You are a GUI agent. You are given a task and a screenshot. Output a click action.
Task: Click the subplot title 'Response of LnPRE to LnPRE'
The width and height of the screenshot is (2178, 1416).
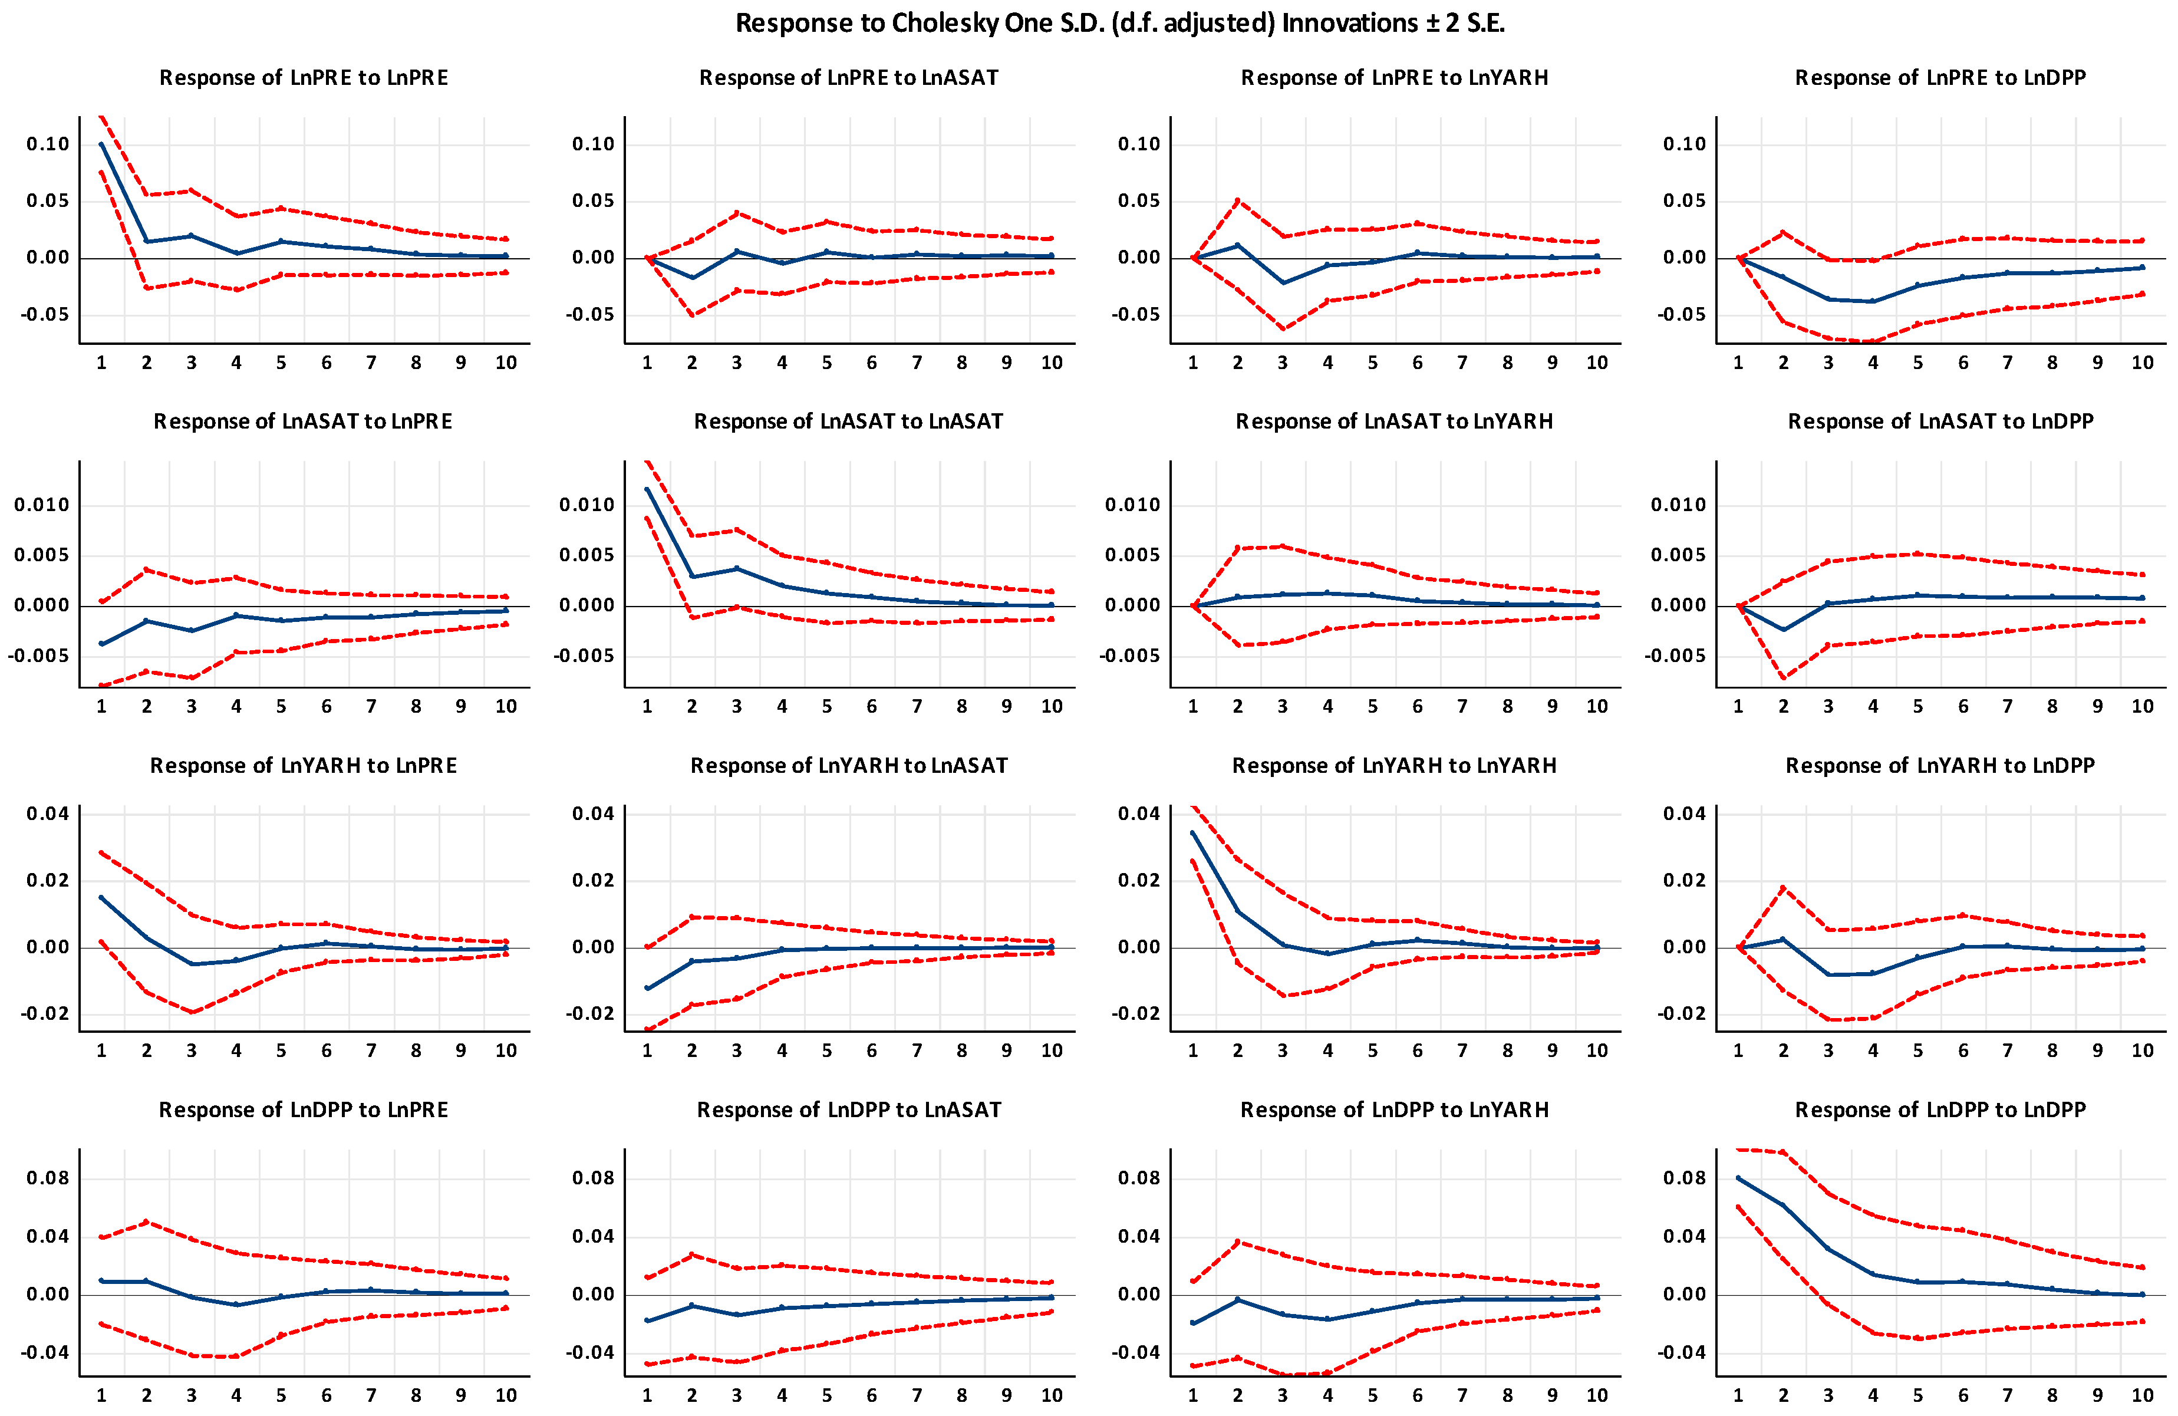pyautogui.click(x=304, y=78)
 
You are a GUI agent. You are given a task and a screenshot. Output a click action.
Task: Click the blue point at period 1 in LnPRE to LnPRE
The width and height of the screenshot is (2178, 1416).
pyautogui.click(x=101, y=144)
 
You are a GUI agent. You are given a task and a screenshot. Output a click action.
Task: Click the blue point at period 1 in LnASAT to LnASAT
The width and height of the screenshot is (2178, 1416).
pyautogui.click(x=648, y=490)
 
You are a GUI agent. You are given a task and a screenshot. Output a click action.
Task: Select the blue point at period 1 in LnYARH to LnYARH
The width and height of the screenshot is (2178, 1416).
pyautogui.click(x=1193, y=833)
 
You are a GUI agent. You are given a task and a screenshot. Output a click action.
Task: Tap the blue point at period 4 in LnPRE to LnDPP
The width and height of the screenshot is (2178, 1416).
pyautogui.click(x=1873, y=301)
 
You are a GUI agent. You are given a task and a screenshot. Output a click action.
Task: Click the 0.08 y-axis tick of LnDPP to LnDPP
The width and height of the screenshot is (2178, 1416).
pyautogui.click(x=1685, y=1178)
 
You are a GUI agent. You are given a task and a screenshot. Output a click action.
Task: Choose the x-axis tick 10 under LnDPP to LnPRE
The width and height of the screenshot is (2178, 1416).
pyautogui.click(x=506, y=1395)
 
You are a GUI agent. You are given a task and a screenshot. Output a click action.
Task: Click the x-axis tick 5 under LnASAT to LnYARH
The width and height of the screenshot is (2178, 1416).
pyautogui.click(x=1373, y=706)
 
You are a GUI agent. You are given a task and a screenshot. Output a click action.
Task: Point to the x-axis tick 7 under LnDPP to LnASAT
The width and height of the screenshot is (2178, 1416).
pyautogui.click(x=917, y=1395)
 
